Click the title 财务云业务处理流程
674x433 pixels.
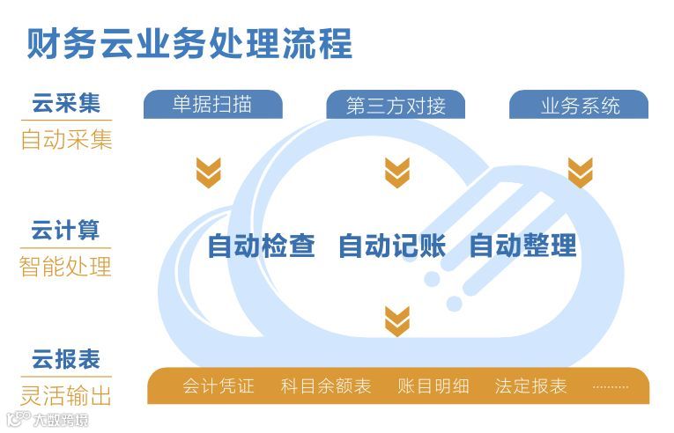coord(189,42)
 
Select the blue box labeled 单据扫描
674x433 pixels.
coord(212,105)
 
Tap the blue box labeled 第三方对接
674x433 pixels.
coord(396,106)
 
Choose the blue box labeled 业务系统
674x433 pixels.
coord(579,106)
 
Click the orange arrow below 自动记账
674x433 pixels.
coord(397,319)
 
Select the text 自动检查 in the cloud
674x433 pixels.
coord(261,246)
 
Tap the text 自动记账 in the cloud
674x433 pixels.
coord(392,246)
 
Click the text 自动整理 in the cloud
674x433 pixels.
coord(522,246)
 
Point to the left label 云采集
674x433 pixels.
coord(66,104)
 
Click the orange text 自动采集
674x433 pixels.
coord(66,139)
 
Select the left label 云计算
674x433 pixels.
coord(66,231)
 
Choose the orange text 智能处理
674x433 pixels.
coord(66,266)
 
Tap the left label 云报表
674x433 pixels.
coord(66,358)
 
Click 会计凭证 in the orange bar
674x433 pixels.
coord(218,386)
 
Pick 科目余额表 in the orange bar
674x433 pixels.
coord(326,386)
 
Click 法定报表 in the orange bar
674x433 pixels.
coord(530,386)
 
